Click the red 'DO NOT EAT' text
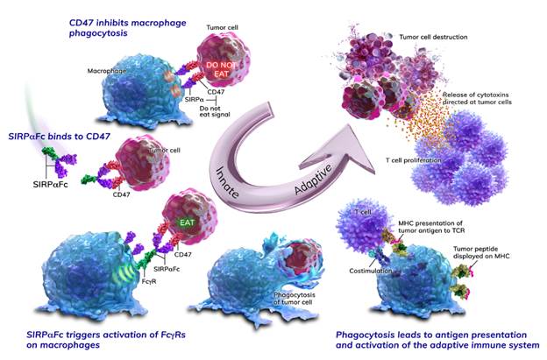221,69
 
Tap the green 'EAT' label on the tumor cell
188,222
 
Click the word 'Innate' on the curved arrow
227,182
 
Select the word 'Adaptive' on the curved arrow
313,180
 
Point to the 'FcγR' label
149,281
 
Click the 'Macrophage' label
107,71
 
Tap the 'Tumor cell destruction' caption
433,37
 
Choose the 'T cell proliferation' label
414,160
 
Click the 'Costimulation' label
371,271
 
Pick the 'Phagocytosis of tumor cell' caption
295,299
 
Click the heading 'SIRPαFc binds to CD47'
59,137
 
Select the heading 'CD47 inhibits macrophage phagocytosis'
127,28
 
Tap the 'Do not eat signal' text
215,111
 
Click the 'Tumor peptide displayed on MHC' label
481,252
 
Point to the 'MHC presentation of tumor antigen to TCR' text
431,227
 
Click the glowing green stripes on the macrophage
122,272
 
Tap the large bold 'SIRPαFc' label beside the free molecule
50,185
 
